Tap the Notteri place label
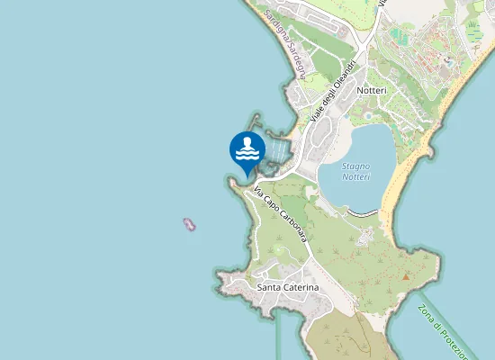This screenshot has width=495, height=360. point(372,91)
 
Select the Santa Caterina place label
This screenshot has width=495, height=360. point(288,287)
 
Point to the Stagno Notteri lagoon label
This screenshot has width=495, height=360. point(357,172)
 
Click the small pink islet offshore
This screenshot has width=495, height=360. point(189,223)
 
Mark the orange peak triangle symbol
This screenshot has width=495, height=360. point(406,276)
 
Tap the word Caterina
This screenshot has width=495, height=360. point(301,287)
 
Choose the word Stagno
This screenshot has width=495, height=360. point(357,166)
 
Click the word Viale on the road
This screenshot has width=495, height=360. point(316,115)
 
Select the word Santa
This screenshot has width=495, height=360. point(269,287)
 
